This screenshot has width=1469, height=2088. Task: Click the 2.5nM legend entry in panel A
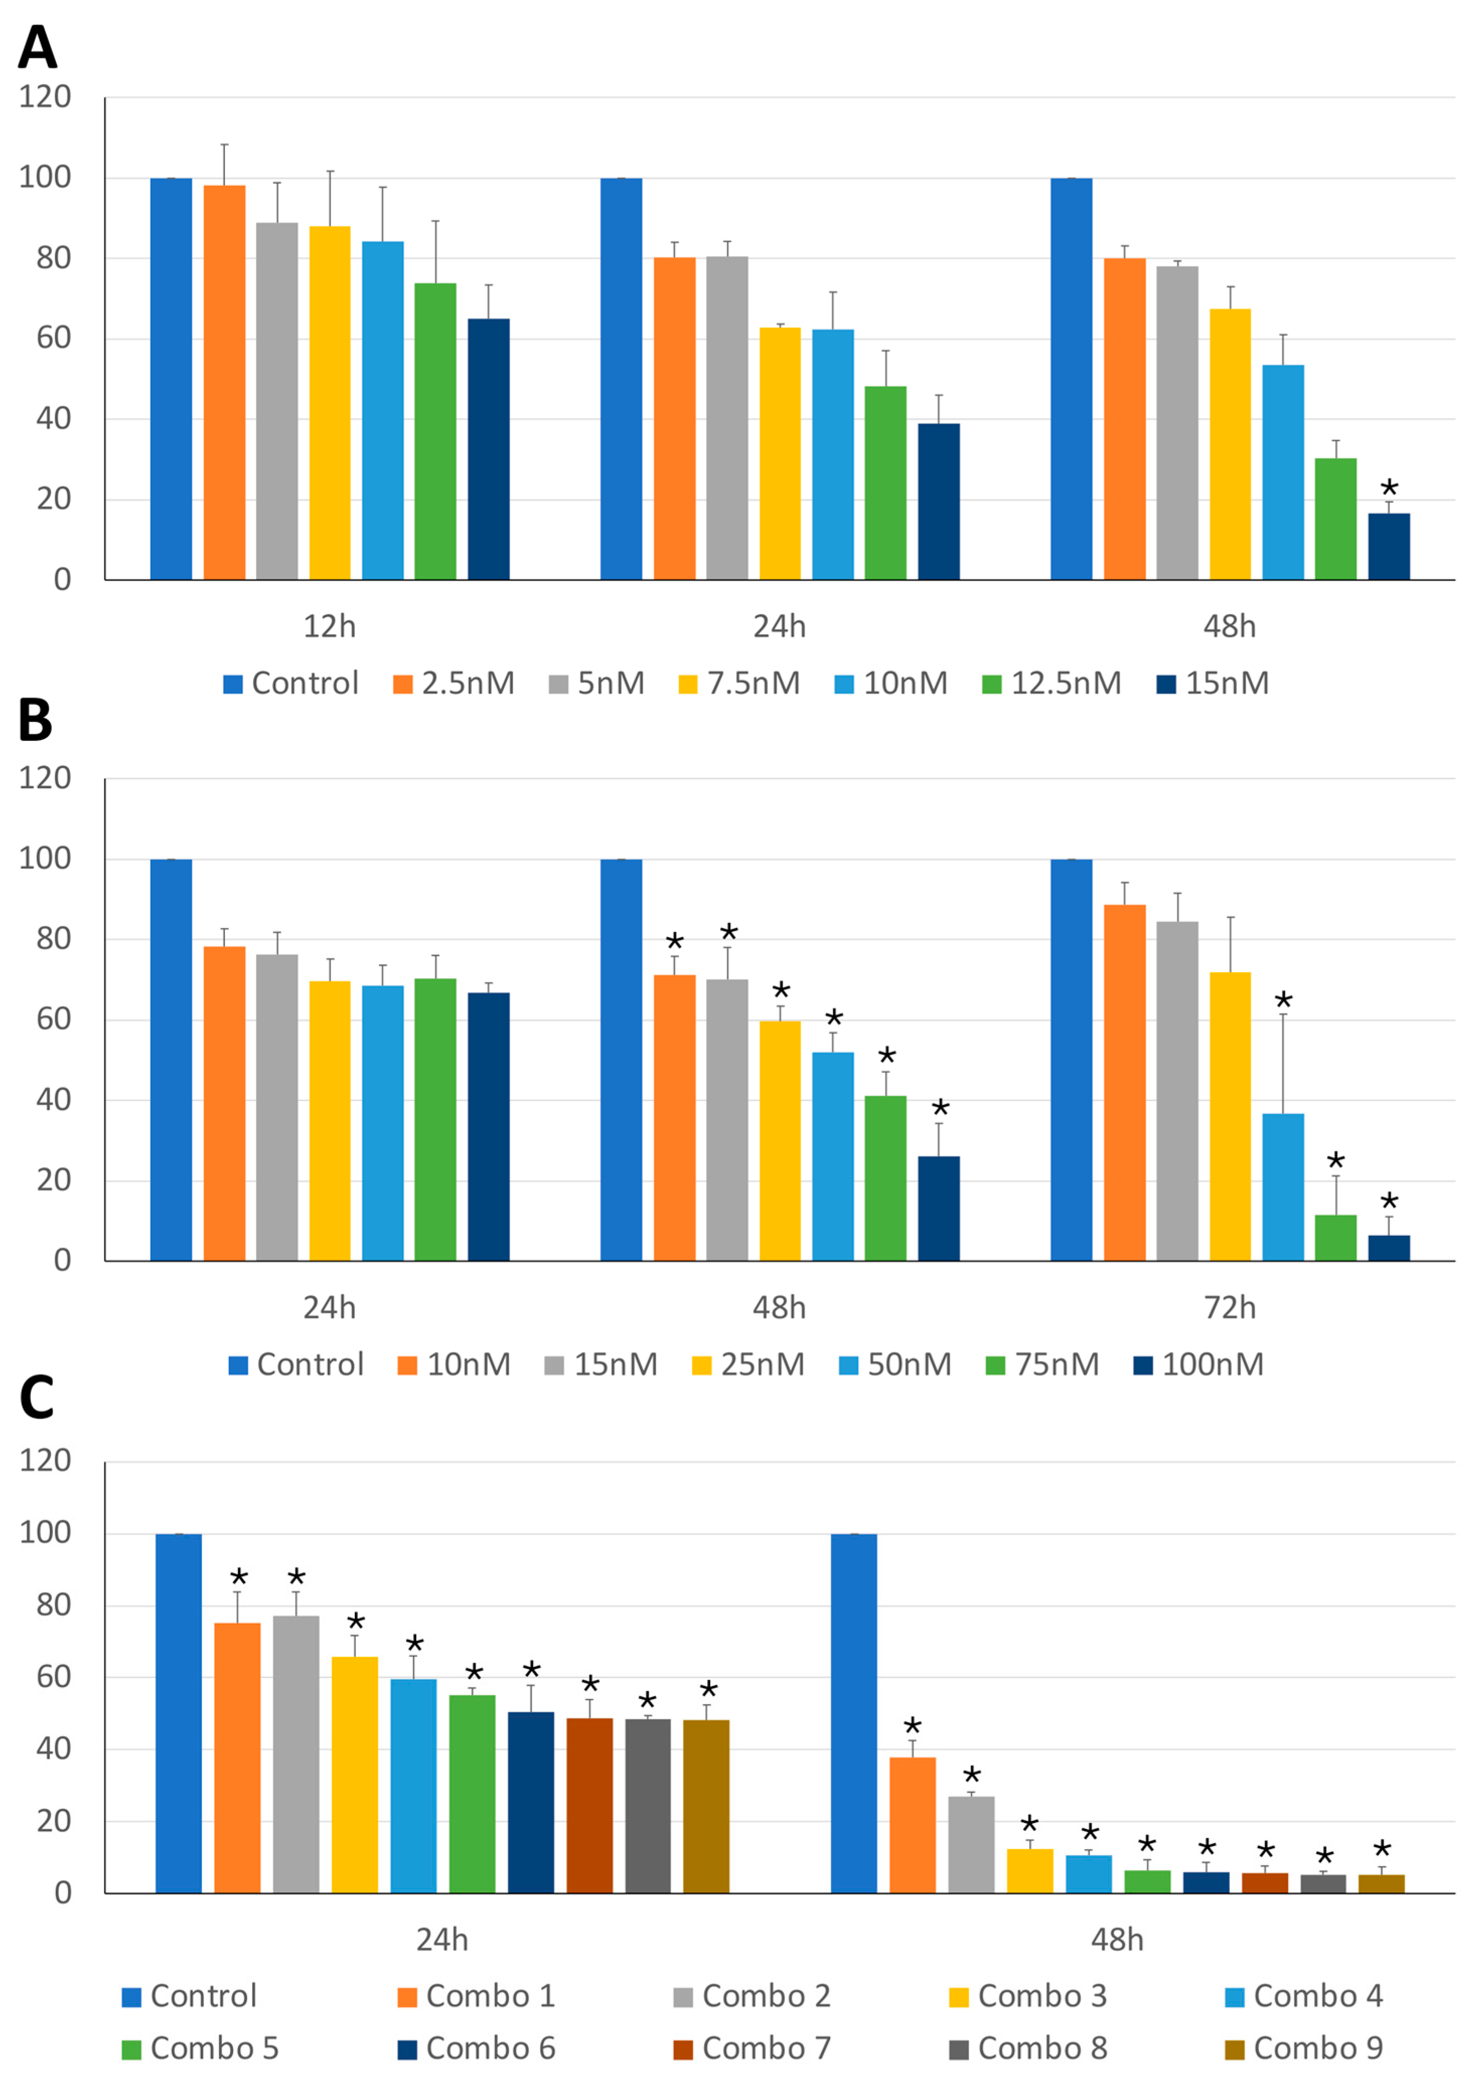453,683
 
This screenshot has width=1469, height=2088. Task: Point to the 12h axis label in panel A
329,627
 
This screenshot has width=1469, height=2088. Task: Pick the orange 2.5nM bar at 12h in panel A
224,382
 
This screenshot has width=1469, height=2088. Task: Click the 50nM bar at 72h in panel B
1282,1187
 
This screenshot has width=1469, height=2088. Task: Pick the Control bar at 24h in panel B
171,1059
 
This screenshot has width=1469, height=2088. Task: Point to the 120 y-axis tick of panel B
45,779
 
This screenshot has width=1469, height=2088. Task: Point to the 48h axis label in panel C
1117,1940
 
